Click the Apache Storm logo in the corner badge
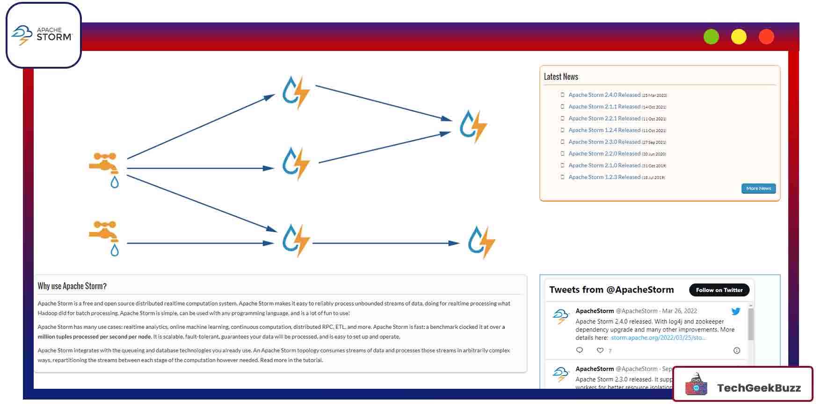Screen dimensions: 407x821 (42, 35)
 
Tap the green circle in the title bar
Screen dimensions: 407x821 (711, 36)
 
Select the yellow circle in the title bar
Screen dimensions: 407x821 (739, 36)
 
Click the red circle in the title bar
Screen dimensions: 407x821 (766, 36)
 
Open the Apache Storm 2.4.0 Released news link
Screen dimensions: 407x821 (604, 95)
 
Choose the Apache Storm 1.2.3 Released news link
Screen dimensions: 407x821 (604, 177)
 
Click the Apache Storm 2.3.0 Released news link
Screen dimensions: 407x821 (604, 142)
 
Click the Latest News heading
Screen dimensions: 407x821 (561, 77)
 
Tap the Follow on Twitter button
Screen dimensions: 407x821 (719, 290)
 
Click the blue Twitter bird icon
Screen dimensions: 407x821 (735, 311)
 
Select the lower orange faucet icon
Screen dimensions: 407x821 (104, 231)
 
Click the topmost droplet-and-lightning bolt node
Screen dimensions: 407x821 (296, 92)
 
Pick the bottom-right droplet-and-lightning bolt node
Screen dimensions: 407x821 (481, 242)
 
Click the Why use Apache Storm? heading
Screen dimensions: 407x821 (72, 286)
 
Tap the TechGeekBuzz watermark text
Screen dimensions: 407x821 (758, 388)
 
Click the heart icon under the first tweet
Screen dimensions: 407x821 (600, 350)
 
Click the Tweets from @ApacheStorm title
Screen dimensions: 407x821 (611, 290)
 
